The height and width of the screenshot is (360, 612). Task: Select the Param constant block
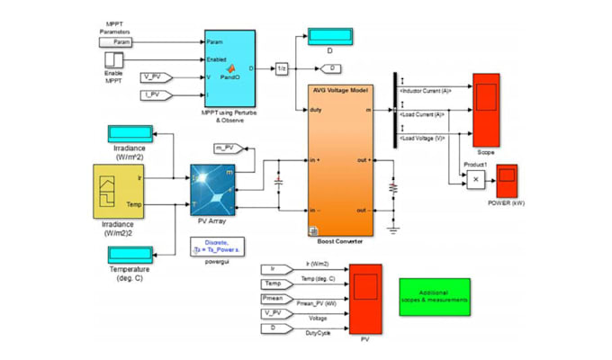117,41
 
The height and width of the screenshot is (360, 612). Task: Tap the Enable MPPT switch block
114,59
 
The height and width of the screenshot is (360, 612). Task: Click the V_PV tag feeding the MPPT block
157,77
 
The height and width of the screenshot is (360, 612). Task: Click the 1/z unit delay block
281,68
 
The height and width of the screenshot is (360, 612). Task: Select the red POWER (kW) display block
507,179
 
